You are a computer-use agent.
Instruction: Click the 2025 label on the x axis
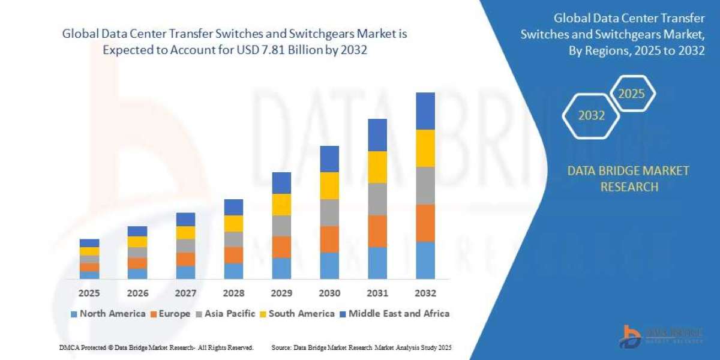tap(89, 293)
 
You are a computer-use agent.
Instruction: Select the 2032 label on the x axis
tap(425, 293)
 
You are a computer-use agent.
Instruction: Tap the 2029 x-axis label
tap(281, 293)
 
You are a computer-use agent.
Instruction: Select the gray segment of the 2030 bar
tap(329, 212)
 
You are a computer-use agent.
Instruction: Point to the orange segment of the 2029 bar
tap(281, 247)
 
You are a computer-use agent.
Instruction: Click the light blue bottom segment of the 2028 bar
tap(233, 271)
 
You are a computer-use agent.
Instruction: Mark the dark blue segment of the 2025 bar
tap(89, 243)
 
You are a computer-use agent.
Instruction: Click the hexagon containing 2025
tap(631, 94)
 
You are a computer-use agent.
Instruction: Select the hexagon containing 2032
tap(591, 116)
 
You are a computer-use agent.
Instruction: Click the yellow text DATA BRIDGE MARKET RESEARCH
tap(628, 179)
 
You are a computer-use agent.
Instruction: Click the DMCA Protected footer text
tap(156, 347)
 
